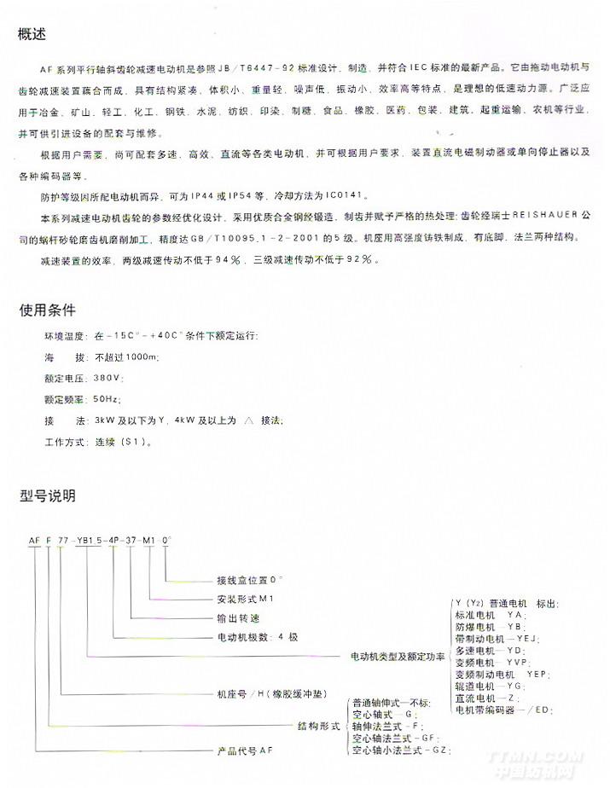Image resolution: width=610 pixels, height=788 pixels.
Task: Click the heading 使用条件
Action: [48, 310]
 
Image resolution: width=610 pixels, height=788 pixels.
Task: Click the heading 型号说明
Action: [48, 495]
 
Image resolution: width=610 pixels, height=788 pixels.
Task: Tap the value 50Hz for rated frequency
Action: [108, 398]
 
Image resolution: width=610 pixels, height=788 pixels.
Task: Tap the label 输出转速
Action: [230, 617]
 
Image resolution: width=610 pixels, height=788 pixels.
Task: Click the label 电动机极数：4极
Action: [253, 637]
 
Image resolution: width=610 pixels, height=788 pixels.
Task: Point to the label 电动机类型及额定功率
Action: [398, 657]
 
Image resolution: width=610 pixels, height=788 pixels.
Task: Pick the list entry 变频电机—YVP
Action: [492, 662]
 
